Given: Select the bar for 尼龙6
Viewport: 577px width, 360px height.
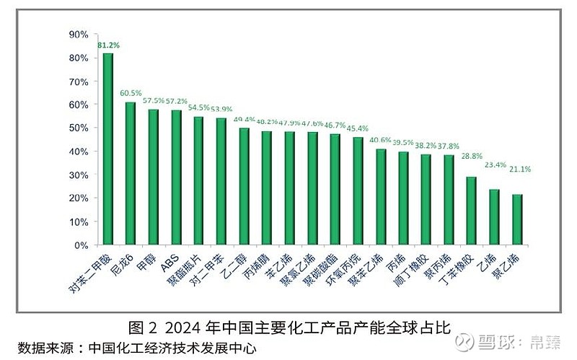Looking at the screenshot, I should (x=131, y=173).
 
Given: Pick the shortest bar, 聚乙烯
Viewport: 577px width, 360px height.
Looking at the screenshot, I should (x=517, y=219).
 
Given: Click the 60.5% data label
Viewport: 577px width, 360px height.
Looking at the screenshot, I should (x=131, y=93).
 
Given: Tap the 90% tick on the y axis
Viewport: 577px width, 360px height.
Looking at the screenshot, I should (x=79, y=34).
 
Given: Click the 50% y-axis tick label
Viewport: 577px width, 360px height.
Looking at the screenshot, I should (x=79, y=128).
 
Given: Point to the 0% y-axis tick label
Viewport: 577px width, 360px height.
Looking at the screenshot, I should (x=81, y=245).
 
